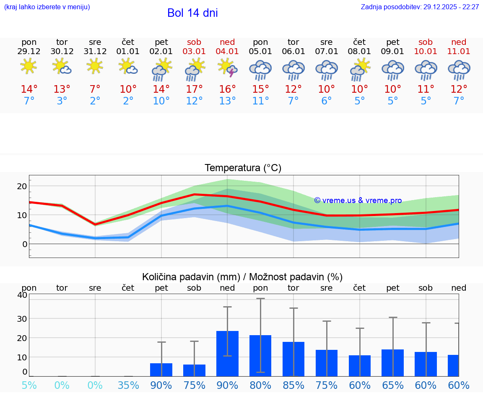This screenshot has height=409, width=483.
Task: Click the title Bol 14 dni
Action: click(x=192, y=13)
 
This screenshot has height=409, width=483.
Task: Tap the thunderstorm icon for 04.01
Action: click(x=227, y=68)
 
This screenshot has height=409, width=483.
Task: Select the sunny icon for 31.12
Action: click(x=95, y=66)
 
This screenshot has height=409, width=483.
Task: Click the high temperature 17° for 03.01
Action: click(x=194, y=89)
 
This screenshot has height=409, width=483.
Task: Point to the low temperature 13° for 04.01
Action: click(x=227, y=101)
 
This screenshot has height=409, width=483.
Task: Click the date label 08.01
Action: click(x=359, y=52)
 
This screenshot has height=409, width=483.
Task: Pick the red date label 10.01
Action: click(x=426, y=52)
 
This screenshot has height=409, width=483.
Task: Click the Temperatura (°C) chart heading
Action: click(x=243, y=168)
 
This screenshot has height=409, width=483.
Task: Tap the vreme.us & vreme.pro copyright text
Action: click(x=358, y=201)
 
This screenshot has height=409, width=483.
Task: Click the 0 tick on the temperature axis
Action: click(x=25, y=244)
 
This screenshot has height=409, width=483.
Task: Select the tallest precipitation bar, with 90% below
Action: click(x=227, y=354)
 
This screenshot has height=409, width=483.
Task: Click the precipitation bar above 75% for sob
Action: click(x=194, y=370)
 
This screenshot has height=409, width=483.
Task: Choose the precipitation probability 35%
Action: click(x=128, y=386)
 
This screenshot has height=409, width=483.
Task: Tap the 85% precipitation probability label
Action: click(x=293, y=386)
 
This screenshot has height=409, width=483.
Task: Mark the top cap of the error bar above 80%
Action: click(x=260, y=298)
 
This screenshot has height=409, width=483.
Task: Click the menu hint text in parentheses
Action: click(x=47, y=7)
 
